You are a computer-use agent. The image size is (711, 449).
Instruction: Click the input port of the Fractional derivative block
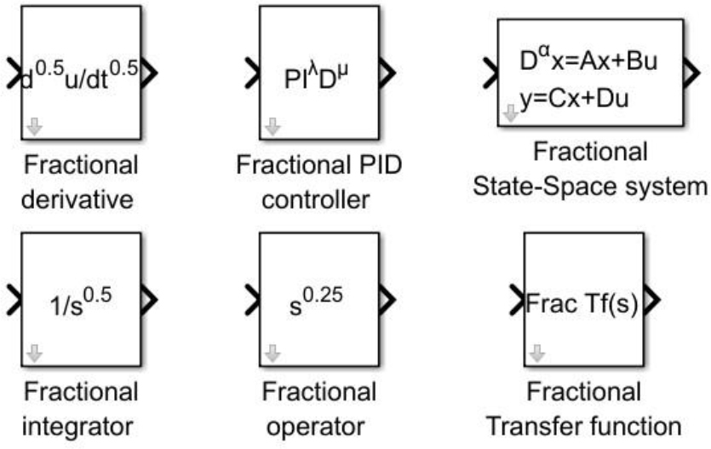pyautogui.click(x=11, y=75)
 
